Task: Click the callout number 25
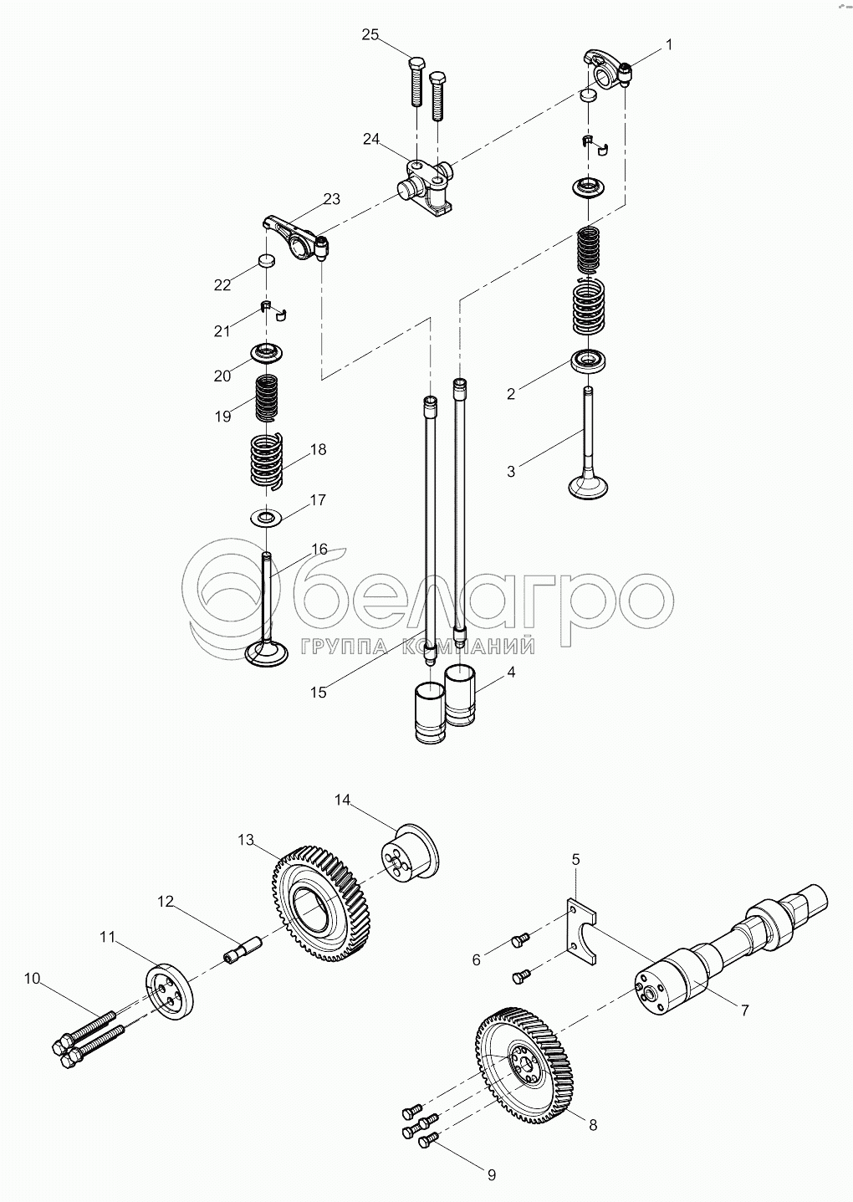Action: click(x=370, y=35)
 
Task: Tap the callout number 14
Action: click(x=342, y=815)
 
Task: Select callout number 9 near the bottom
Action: click(x=492, y=1176)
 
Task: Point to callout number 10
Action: click(x=32, y=978)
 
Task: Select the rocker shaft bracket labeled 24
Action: click(x=426, y=189)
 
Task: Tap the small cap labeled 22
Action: click(x=266, y=261)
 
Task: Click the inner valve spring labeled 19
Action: click(x=267, y=397)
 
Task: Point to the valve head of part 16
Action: click(x=267, y=654)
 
